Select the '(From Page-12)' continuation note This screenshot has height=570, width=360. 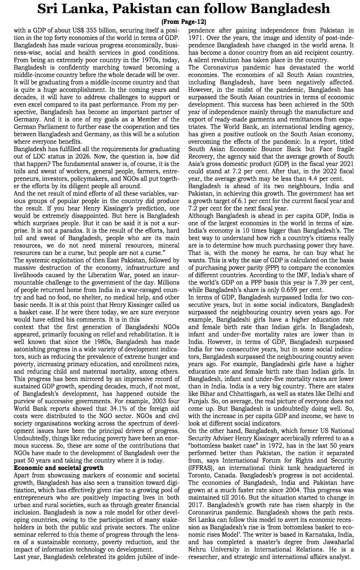[x=183, y=22]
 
